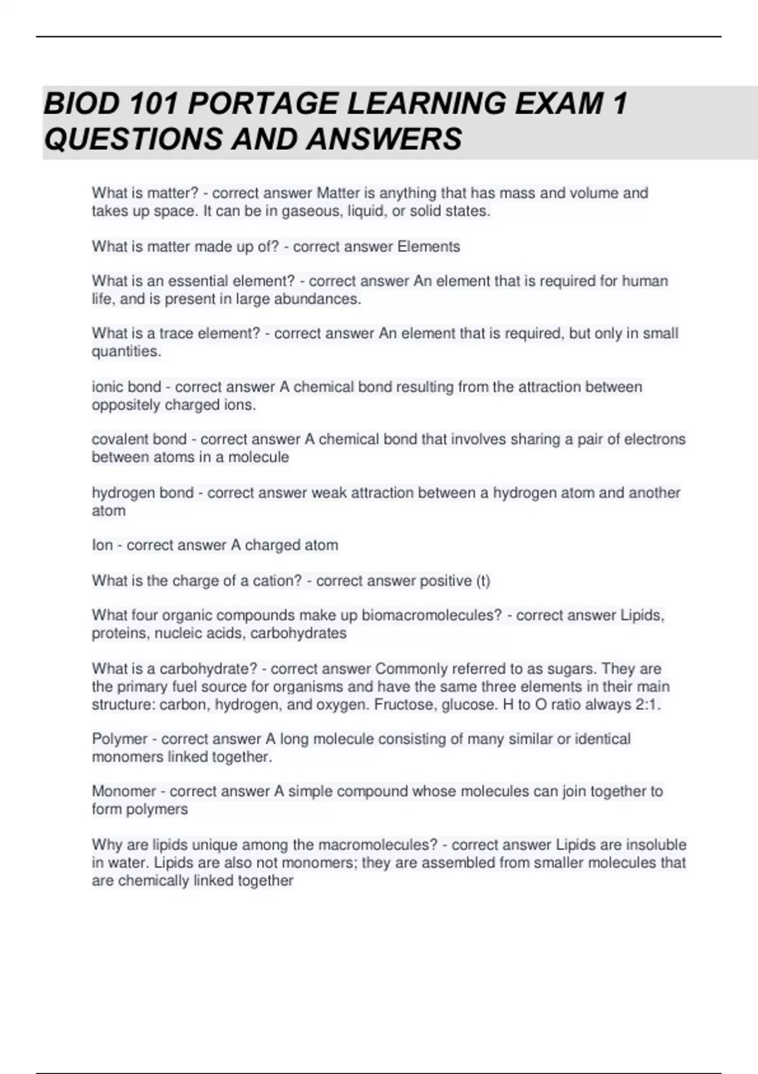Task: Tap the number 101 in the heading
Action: pyautogui.click(x=152, y=104)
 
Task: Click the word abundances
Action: pyautogui.click(x=322, y=299)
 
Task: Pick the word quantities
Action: pyautogui.click(x=126, y=351)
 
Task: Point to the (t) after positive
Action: pyautogui.click(x=483, y=581)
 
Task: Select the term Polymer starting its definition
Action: pyautogui.click(x=119, y=739)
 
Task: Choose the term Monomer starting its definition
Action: pyautogui.click(x=124, y=792)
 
